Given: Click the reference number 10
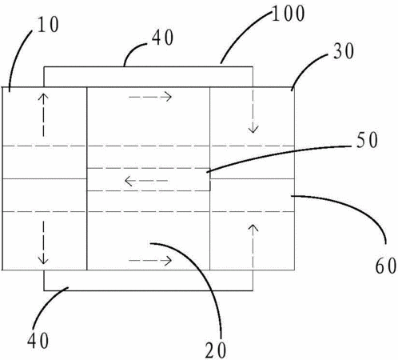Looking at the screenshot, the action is [48, 25].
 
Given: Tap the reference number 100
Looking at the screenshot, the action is [289, 14].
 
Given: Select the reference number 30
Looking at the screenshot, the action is [344, 51].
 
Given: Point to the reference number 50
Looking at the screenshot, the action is [367, 140].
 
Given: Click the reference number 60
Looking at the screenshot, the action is [386, 266].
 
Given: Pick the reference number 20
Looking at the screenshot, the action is [216, 350].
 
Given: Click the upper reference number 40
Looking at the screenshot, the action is [163, 38].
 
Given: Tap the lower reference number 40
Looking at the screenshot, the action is [38, 340].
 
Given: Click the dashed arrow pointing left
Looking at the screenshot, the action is [146, 181].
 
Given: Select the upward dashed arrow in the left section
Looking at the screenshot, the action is [43, 115].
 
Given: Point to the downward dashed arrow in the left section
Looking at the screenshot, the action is [43, 242].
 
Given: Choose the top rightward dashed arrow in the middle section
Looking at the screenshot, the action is [150, 97].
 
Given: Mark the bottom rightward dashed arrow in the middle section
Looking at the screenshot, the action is [150, 260].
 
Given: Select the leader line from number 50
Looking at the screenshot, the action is [277, 155].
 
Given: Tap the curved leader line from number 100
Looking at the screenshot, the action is [242, 34].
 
